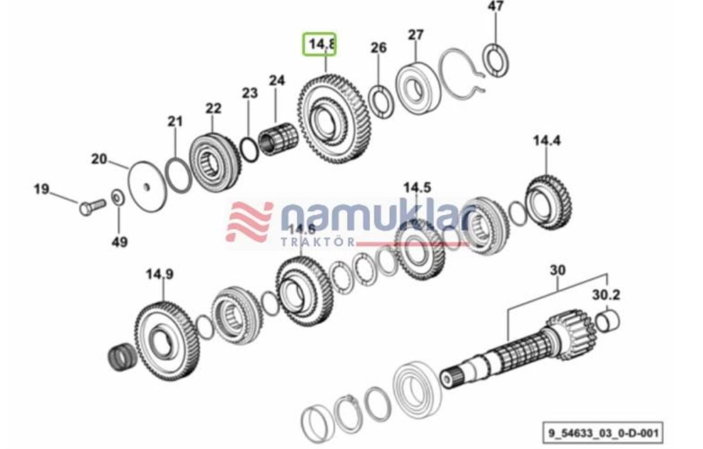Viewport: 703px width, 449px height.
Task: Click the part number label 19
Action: coord(41,190)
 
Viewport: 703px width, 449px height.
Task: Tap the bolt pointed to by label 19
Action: coord(91,206)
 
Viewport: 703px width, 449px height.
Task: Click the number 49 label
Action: coord(119,241)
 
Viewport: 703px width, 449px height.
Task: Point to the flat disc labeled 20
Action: coord(146,184)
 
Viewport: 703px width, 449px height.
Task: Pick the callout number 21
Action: coord(175,121)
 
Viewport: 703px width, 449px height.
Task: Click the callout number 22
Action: coord(213,108)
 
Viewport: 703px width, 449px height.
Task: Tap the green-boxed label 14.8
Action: coord(319,44)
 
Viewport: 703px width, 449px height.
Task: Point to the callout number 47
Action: coord(496,7)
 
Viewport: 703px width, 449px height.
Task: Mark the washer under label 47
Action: coord(496,60)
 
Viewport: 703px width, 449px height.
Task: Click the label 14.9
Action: coord(159,274)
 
